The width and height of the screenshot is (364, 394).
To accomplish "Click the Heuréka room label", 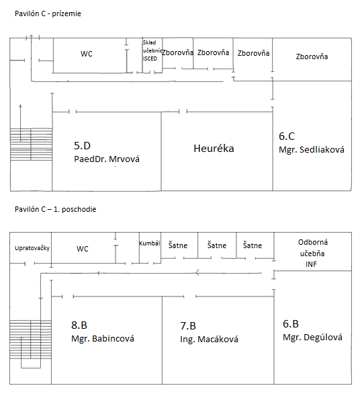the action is [x=214, y=149].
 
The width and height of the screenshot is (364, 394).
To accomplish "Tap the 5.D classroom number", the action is [x=83, y=145].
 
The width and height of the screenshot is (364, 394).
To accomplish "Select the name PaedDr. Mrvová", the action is [x=107, y=159].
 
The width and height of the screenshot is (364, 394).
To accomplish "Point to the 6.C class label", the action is [x=287, y=136].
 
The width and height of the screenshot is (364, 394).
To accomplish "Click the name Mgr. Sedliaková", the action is [x=312, y=150].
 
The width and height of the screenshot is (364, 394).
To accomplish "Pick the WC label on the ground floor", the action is [x=87, y=54].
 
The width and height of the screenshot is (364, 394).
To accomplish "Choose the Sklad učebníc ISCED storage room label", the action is [x=152, y=50].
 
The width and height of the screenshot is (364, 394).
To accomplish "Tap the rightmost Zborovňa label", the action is [x=312, y=56].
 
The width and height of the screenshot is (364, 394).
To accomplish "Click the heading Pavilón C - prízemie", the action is [x=48, y=13].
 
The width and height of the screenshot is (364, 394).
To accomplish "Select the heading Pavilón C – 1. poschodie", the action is [x=56, y=209].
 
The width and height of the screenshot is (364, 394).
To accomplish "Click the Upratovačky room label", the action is [x=32, y=248].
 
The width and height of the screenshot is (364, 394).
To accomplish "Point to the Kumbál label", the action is [x=150, y=243].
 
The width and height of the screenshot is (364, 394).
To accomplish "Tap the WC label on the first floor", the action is [x=83, y=249].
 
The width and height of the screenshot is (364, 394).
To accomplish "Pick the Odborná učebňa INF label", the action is [x=312, y=253].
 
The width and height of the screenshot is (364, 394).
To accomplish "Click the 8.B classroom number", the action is [x=79, y=325].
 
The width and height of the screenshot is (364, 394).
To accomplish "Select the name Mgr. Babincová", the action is [x=103, y=338].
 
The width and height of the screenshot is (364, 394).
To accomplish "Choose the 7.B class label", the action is [x=188, y=326].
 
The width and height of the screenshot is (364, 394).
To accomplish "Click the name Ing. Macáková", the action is [x=209, y=340].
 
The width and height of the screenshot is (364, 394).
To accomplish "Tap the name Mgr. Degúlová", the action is [x=312, y=338].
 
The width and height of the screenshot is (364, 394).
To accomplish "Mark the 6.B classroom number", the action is [x=291, y=324].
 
